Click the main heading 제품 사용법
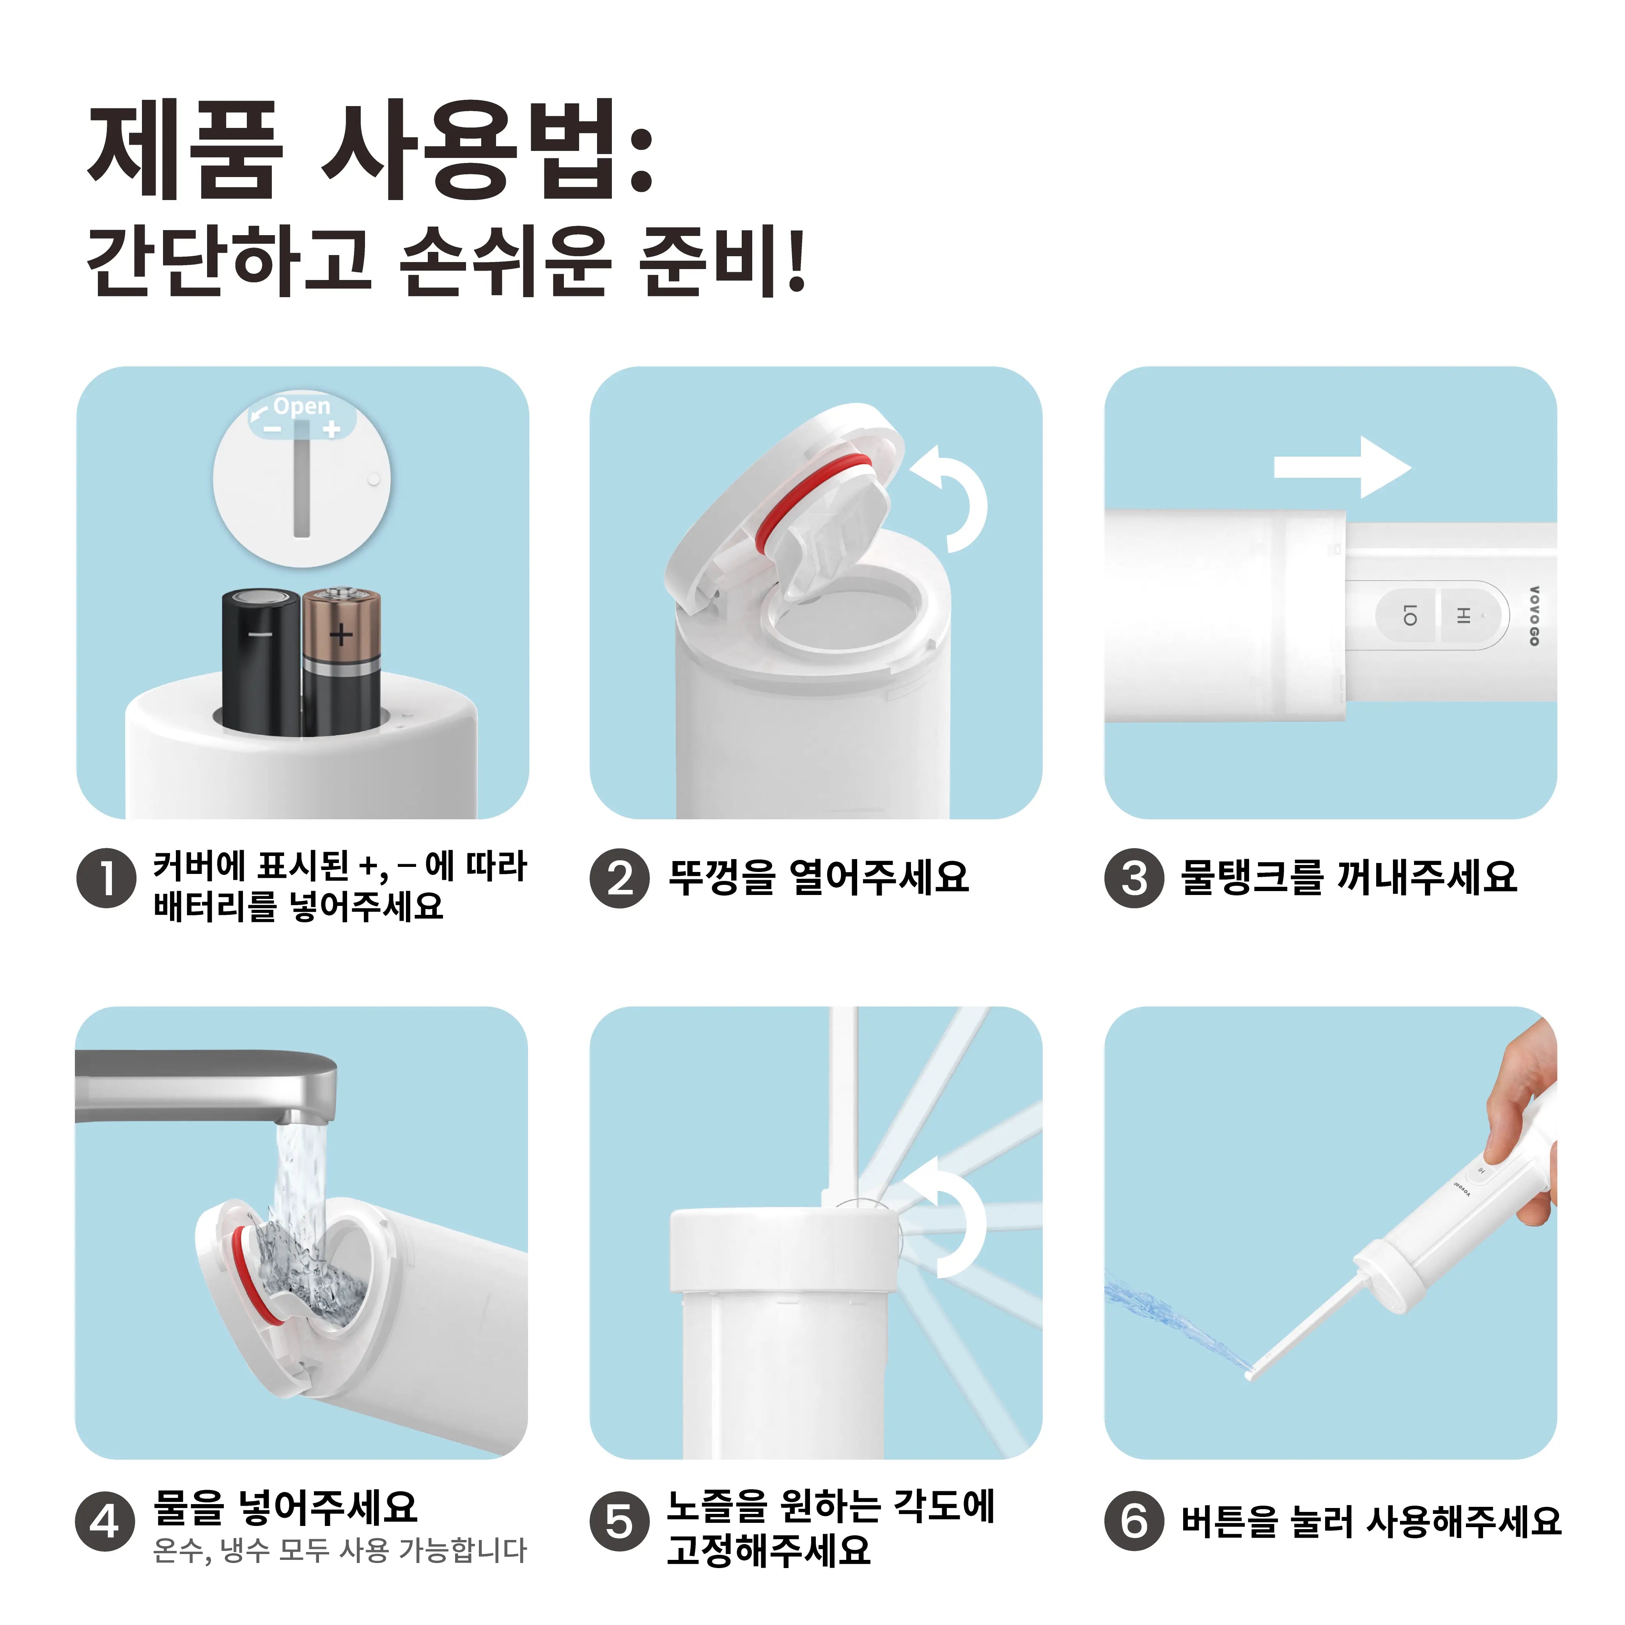click(x=370, y=151)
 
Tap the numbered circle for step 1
click(x=106, y=878)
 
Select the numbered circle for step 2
click(x=620, y=878)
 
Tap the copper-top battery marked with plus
click(x=342, y=660)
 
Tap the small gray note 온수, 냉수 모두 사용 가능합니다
click(x=340, y=1549)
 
